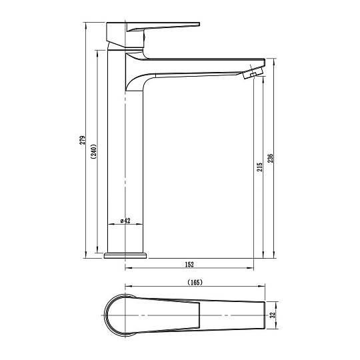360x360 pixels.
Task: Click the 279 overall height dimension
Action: pos(83,140)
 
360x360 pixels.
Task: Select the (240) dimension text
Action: pos(94,152)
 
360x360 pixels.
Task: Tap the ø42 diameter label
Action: pos(125,221)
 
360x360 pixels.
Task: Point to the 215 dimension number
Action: pos(259,167)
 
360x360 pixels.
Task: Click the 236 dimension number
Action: pos(271,158)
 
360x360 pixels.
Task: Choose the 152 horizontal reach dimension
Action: pos(189,265)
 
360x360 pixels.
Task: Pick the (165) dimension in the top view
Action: pos(195,282)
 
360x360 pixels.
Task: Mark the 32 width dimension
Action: pos(273,315)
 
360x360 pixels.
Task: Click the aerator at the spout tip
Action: pos(253,73)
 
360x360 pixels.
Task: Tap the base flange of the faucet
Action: pos(125,255)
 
